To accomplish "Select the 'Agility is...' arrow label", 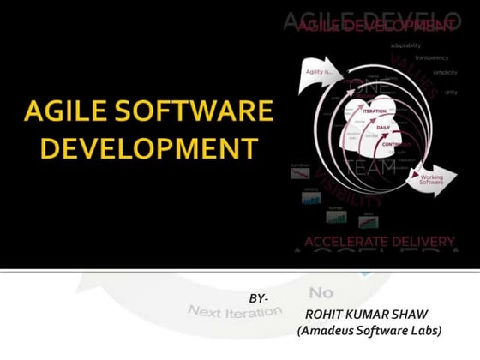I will pyautogui.click(x=316, y=72).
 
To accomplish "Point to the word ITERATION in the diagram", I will pyautogui.click(x=374, y=111).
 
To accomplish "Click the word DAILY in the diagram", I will pyautogui.click(x=383, y=127).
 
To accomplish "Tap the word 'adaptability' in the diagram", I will pyautogui.click(x=405, y=45).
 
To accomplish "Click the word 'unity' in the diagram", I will pyautogui.click(x=451, y=91).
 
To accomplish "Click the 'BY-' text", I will pyautogui.click(x=259, y=297).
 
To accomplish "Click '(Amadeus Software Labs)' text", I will pyautogui.click(x=369, y=331).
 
